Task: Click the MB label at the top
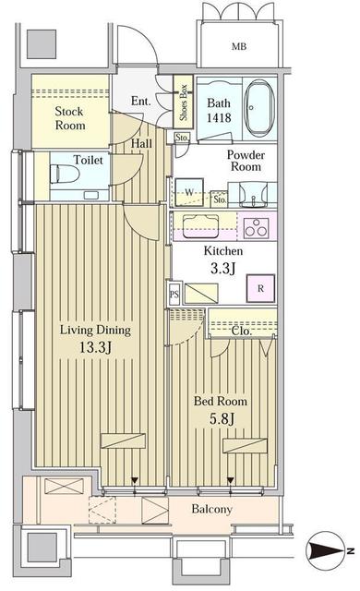click(x=239, y=45)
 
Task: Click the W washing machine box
click(x=189, y=192)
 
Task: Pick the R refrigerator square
click(x=261, y=287)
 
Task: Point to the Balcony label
click(x=211, y=510)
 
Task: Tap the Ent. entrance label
click(x=141, y=102)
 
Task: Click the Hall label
click(x=141, y=143)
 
